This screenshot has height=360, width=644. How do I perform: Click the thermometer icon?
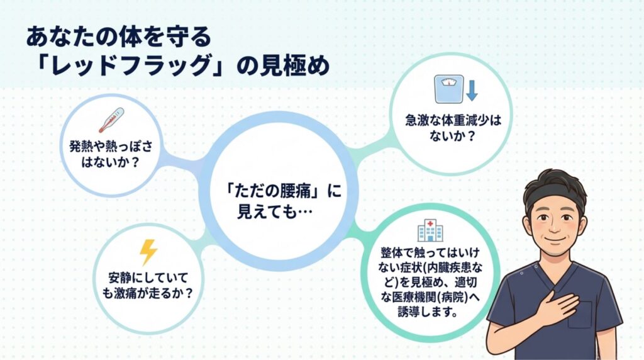111,120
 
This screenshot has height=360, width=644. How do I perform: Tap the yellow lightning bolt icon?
148,252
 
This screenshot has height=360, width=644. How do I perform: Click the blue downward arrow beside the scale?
472,91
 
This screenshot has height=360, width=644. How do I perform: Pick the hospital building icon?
429,231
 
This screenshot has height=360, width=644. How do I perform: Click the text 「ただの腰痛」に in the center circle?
282,191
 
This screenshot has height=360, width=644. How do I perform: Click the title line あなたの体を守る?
118,36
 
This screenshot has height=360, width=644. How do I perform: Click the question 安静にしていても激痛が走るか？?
150,284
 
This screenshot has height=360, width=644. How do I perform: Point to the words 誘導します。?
430,312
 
